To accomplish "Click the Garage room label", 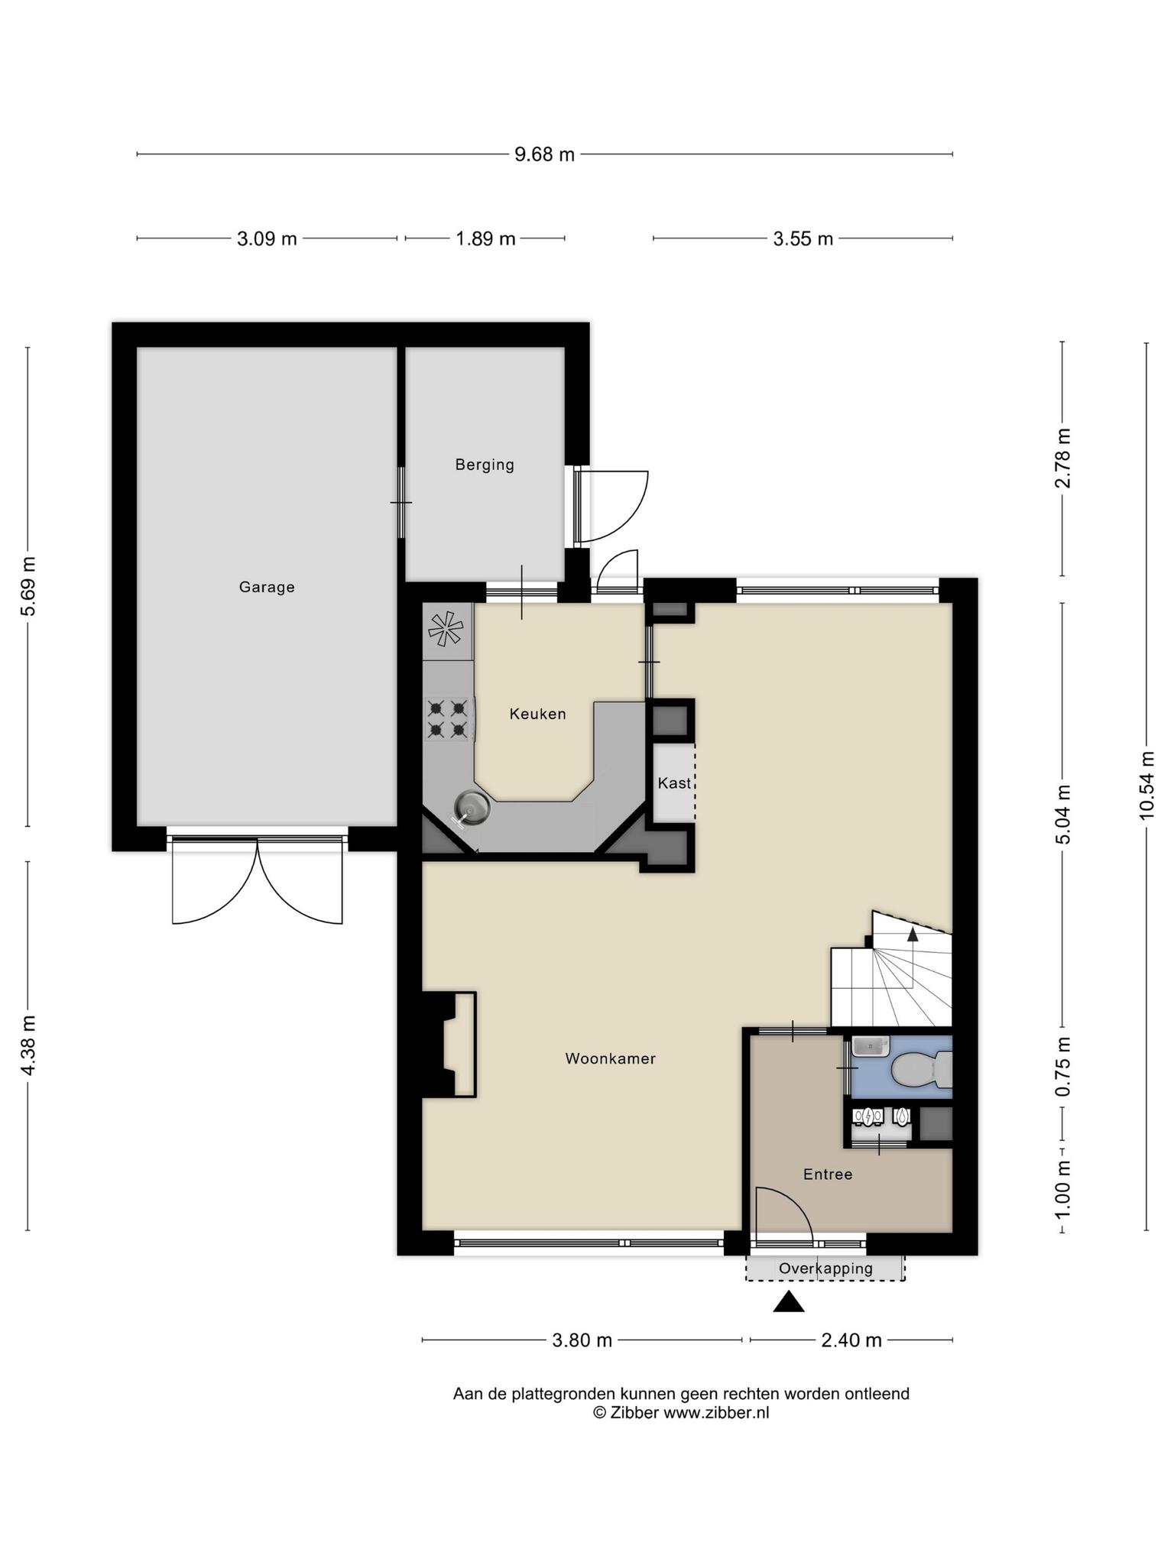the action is point(267,587).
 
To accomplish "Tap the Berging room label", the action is point(485,465).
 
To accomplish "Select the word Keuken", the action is point(538,714).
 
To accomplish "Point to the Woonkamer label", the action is point(611,1058).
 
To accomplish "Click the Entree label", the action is point(828,1174).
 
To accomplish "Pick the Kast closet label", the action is point(674,783).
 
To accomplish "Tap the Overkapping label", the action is point(825,1269).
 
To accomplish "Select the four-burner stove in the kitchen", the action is point(448,719).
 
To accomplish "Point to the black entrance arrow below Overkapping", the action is point(789,1301).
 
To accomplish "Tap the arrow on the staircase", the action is point(913,934).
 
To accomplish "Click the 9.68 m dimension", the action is point(544,154).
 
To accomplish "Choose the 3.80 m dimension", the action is point(582,1340).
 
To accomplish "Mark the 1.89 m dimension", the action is point(485,238).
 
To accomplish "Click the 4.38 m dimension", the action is point(28,1045).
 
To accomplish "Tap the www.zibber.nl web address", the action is point(716,1412).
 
